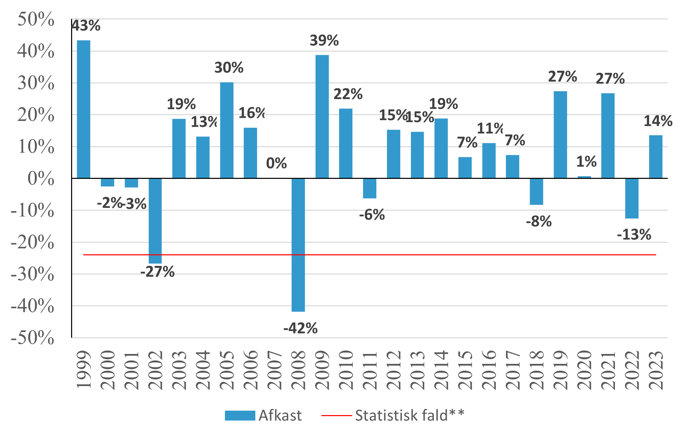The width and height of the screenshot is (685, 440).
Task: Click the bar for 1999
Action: (x=83, y=109)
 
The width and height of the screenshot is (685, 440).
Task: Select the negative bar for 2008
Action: (x=298, y=245)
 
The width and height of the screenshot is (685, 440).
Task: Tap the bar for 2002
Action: (x=155, y=221)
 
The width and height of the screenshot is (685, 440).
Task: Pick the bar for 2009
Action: (x=322, y=116)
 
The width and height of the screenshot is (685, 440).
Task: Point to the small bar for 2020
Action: (x=584, y=177)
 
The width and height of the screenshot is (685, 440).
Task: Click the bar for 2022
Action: (x=632, y=198)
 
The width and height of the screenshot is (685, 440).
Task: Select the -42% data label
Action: (x=300, y=328)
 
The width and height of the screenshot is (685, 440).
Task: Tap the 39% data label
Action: (x=324, y=41)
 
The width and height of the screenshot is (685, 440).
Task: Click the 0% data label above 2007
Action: (x=276, y=163)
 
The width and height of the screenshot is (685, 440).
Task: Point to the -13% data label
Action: (x=634, y=235)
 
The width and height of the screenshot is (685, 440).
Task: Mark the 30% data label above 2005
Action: (x=229, y=68)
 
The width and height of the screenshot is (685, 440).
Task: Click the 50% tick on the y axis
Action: (x=36, y=19)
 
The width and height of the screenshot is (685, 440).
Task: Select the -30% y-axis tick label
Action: (x=32, y=274)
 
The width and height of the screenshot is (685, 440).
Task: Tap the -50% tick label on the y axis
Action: (x=32, y=338)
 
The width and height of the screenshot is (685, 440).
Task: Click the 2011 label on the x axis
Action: (x=370, y=370)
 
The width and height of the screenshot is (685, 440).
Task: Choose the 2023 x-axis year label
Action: (x=656, y=370)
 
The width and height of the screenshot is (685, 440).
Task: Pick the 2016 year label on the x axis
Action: (x=489, y=370)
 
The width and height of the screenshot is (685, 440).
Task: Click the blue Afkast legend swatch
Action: (x=240, y=415)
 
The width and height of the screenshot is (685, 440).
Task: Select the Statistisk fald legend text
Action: (x=409, y=415)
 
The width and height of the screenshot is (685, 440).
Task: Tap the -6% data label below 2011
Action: (x=372, y=215)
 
